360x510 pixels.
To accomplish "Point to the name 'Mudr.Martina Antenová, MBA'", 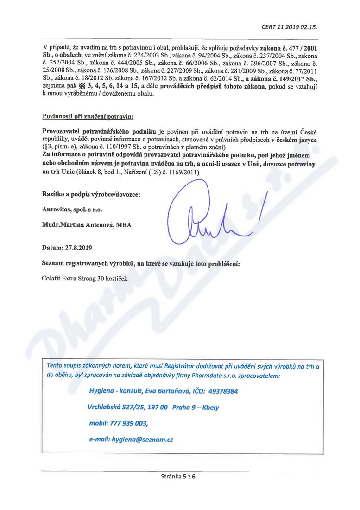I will [87, 225].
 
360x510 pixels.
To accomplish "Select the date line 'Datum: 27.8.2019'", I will [67, 248].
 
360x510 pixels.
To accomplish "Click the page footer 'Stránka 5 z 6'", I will [179, 476].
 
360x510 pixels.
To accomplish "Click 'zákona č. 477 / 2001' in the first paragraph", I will [289, 48].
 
